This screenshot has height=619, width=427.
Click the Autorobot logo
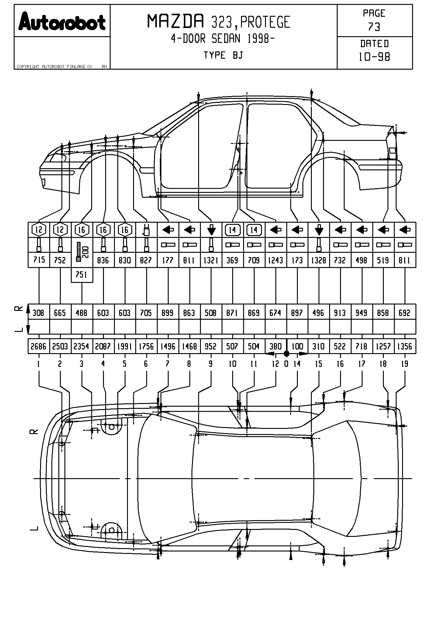coord(62,21)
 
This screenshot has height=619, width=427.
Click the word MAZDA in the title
coord(176,22)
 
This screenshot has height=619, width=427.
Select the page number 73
coord(374,27)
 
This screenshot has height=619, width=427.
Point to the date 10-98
coord(374,57)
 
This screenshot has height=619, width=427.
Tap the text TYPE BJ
coord(223,55)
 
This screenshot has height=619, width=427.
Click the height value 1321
coord(211,260)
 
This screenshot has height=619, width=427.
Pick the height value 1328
coord(319,260)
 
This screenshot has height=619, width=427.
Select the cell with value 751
coord(81,275)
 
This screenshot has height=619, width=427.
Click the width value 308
coord(39,313)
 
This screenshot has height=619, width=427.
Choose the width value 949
coord(361,313)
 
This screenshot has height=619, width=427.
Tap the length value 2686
coord(39,346)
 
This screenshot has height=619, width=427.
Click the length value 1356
coord(405,346)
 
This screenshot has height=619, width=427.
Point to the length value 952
coord(211,346)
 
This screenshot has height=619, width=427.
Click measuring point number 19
coord(405,364)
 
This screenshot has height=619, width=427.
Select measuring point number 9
coord(211,364)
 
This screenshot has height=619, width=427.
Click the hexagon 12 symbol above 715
coord(39,230)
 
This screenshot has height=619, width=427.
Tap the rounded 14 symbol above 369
coord(232,230)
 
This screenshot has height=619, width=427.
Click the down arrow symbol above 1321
coord(211,230)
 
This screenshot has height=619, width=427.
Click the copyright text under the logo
coord(55,67)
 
